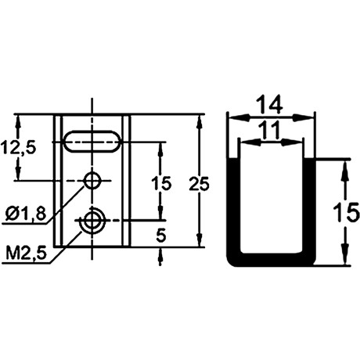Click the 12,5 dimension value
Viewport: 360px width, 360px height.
click(18, 148)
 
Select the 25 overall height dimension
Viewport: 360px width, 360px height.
click(199, 184)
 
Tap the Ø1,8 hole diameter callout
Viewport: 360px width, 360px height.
click(26, 214)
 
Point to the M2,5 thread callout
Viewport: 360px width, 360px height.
click(26, 254)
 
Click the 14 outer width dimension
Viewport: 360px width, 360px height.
click(270, 104)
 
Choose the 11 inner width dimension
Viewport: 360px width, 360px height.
click(270, 130)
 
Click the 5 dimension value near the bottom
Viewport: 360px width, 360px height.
click(161, 236)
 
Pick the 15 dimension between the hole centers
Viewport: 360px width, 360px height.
click(162, 183)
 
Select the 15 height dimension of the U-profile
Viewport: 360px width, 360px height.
click(347, 212)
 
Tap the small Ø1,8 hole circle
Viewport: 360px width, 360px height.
click(92, 180)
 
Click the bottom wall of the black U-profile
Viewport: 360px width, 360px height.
click(271, 260)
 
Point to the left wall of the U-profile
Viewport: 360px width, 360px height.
click(233, 209)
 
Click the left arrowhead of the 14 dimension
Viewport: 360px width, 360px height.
click(238, 117)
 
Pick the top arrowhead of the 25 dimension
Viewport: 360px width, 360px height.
click(200, 123)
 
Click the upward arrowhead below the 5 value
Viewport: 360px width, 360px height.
click(160, 256)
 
